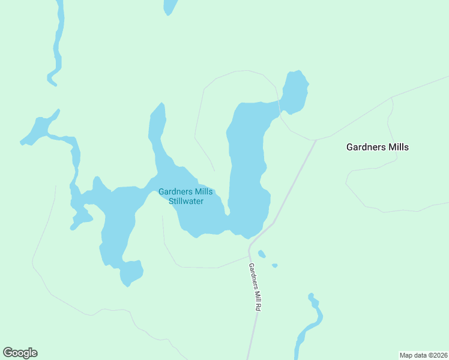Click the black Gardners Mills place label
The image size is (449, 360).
click(x=378, y=147)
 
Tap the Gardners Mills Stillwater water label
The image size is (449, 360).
click(x=185, y=196)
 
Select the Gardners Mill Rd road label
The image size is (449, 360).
click(x=255, y=287)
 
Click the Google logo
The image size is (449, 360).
click(x=20, y=353)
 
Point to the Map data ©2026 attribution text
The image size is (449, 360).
click(x=423, y=355)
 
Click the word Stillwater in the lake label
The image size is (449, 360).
click(x=185, y=201)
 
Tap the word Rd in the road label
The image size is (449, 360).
click(x=258, y=305)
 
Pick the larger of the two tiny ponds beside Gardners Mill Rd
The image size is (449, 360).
click(x=262, y=254)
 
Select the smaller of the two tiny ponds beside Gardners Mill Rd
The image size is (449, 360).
click(x=274, y=265)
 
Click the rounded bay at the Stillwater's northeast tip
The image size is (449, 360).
click(x=295, y=92)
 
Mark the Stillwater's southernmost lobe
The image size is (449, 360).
click(x=130, y=274)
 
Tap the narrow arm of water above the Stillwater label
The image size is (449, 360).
click(x=158, y=132)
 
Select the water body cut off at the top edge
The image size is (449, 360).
click(x=170, y=6)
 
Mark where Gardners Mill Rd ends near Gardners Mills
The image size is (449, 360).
click(x=315, y=141)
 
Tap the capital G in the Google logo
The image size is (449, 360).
click(x=8, y=353)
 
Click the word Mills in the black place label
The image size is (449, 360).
click(x=397, y=147)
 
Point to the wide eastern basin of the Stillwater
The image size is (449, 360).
click(x=246, y=168)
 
